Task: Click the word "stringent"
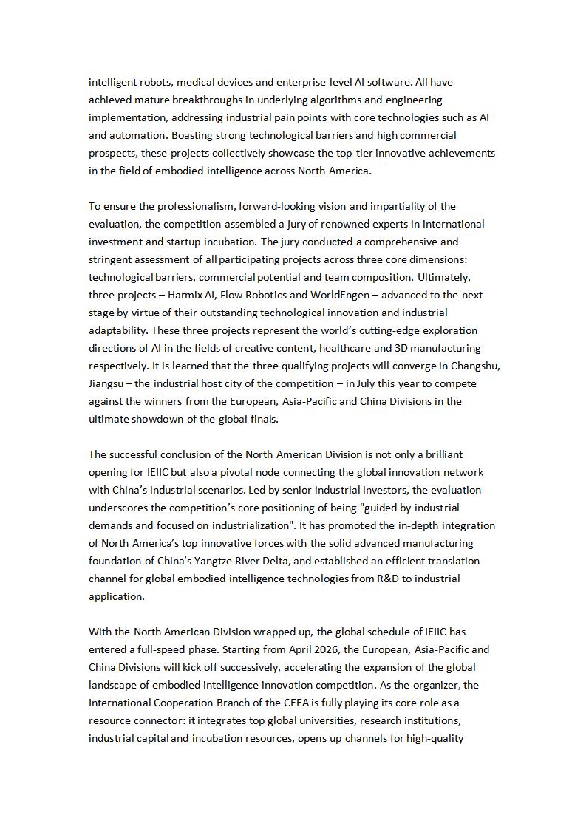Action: tap(111, 259)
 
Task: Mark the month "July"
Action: tap(369, 383)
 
